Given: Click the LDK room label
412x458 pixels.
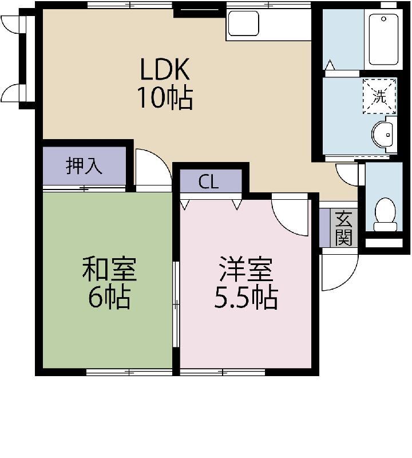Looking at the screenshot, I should tap(165, 70).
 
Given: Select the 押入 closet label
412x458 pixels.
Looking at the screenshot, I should tap(84, 166).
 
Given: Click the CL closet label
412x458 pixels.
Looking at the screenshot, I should tap(208, 182).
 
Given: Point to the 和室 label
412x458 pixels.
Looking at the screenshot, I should tap(109, 270).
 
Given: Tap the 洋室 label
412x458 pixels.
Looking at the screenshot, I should tap(245, 270).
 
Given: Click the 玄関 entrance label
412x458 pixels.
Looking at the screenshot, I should tap(344, 227).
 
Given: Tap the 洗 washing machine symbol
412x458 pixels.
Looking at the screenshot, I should tap(379, 96).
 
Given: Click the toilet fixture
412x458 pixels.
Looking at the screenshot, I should tap(385, 214).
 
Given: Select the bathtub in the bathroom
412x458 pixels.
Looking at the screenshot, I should tap(383, 39).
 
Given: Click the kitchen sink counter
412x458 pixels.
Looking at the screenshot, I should tap(243, 23).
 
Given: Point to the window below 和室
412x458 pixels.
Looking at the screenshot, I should tap(129, 372).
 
